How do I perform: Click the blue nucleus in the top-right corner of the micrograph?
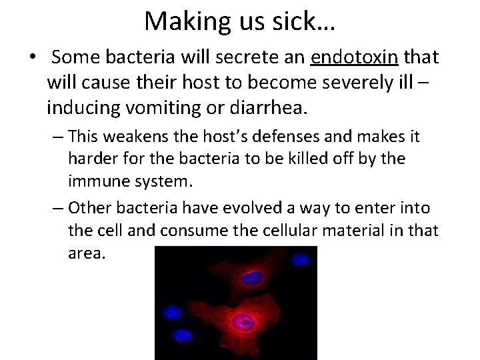[x=303, y=257]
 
